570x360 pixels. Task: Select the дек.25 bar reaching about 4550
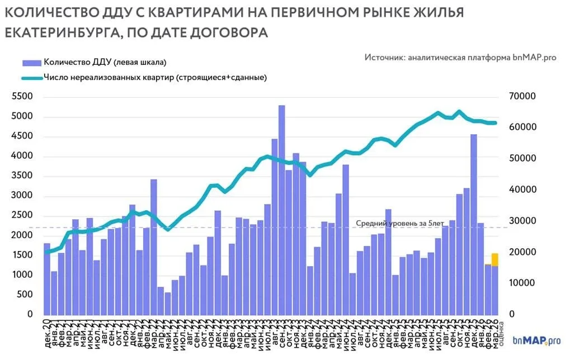coord(473,224)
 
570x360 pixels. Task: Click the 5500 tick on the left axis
coord(22,97)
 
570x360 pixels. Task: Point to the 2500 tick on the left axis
coord(22,216)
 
